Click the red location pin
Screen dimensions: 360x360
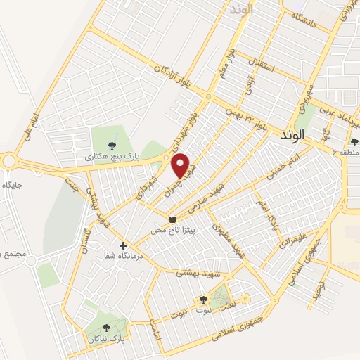click(x=181, y=165)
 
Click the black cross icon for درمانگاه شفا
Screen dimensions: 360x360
click(x=124, y=245)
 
